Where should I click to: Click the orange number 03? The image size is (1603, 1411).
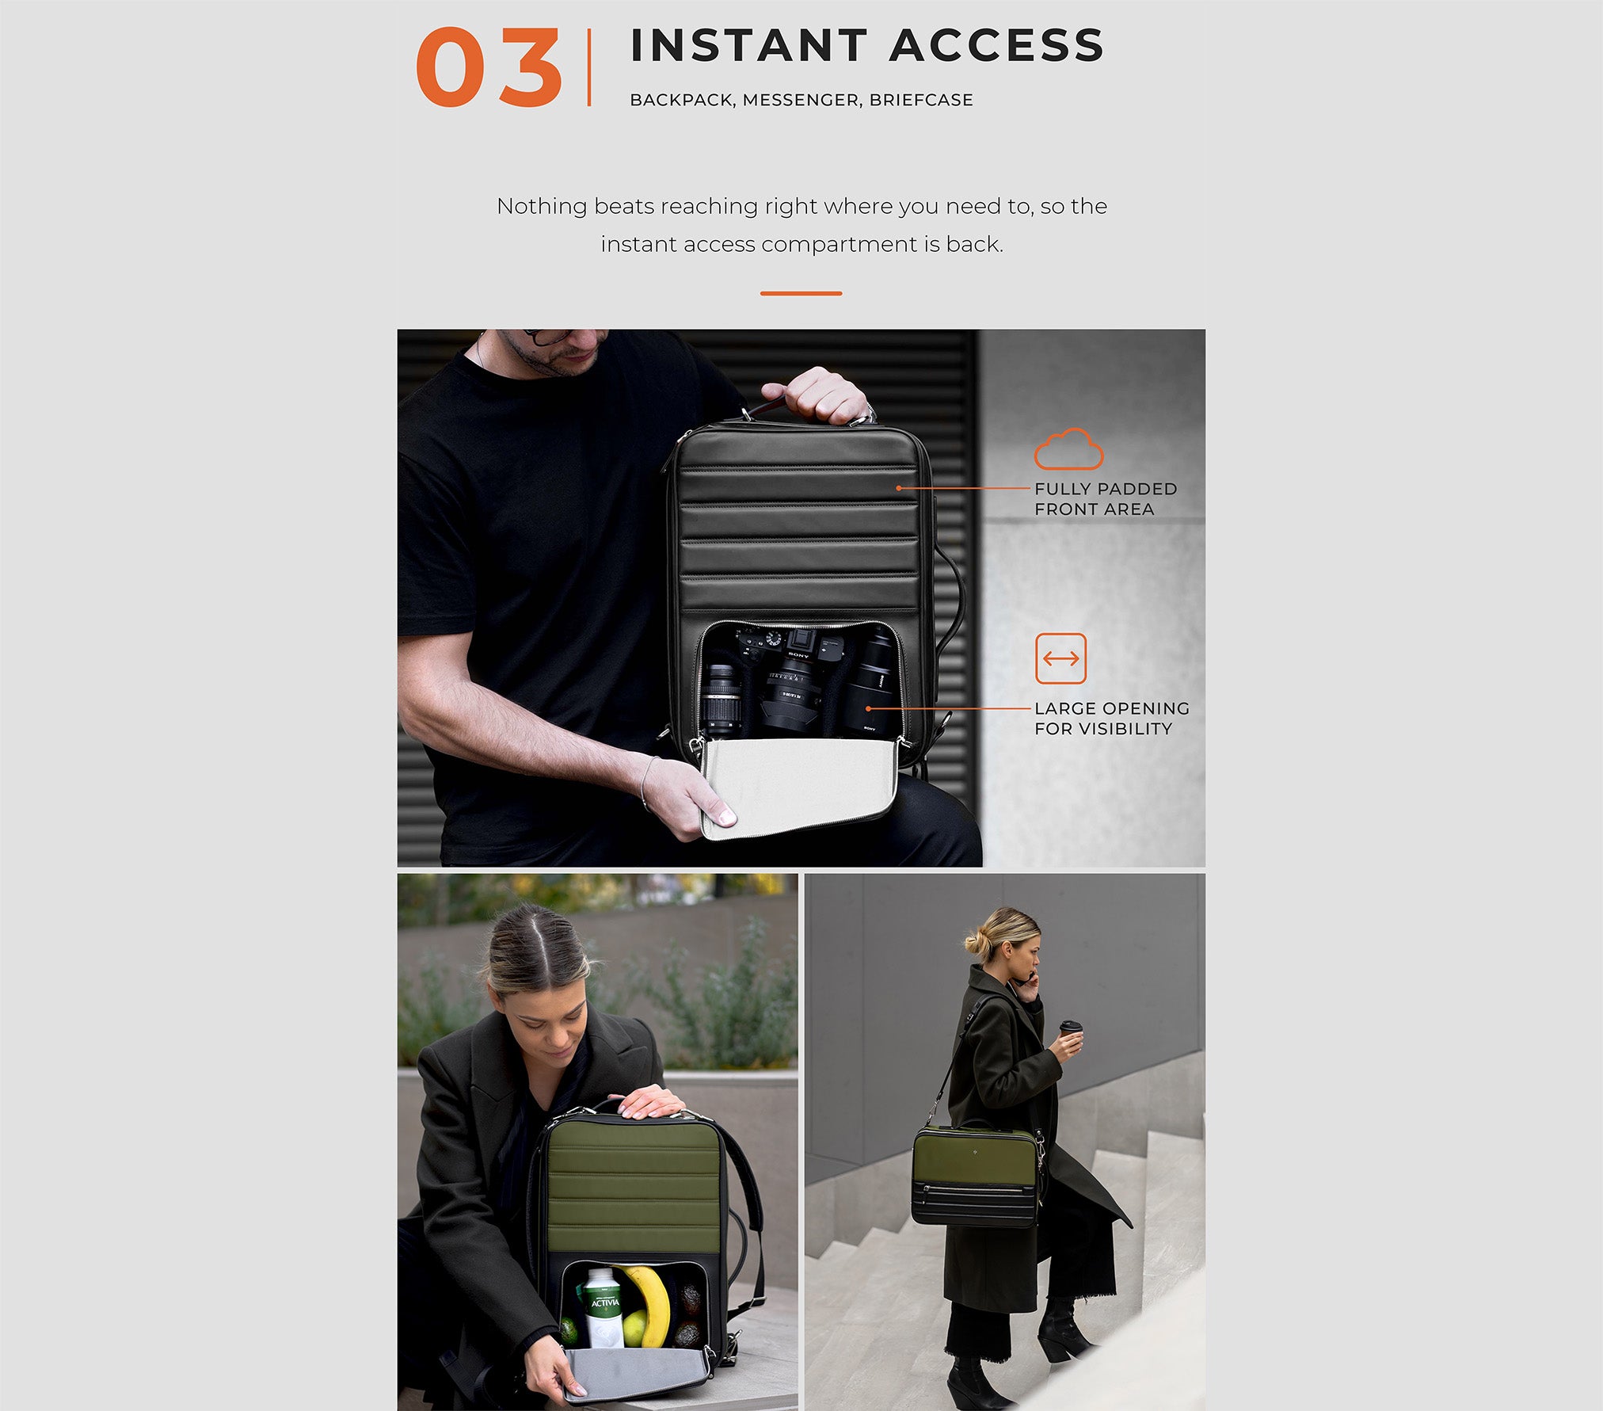coord(489,67)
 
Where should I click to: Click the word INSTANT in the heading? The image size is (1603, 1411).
coord(749,45)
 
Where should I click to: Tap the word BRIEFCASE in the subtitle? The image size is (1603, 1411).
coord(921,100)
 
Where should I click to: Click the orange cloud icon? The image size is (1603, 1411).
coord(1068,449)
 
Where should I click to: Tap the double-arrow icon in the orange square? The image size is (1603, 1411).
coord(1060,658)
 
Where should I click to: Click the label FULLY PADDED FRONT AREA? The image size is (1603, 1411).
coord(1106,499)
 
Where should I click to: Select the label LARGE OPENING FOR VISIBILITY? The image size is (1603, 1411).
coord(1112,719)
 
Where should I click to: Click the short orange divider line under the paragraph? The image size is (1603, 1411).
coord(801,293)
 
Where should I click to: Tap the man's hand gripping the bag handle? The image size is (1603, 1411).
coord(824,395)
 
